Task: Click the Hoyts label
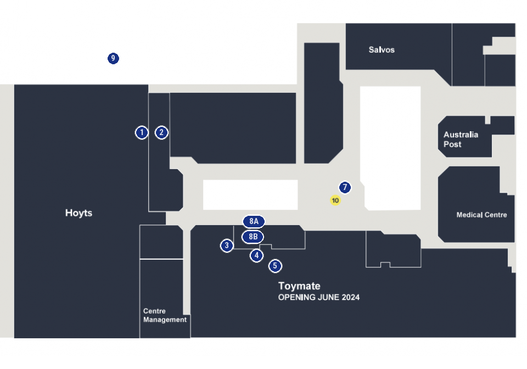79,213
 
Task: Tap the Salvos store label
382,50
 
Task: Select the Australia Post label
461,139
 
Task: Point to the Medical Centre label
481,215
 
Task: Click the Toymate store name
299,286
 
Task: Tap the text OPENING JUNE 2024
318,298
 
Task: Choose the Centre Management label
165,315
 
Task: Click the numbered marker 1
142,132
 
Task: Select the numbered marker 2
161,132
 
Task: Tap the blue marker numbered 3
227,245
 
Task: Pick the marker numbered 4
256,255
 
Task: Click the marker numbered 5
275,266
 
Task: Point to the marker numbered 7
345,187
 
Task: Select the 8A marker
254,221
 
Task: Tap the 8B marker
253,237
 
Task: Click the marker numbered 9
113,58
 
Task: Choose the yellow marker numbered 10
335,200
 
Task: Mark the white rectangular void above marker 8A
250,195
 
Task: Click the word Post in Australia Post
452,144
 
